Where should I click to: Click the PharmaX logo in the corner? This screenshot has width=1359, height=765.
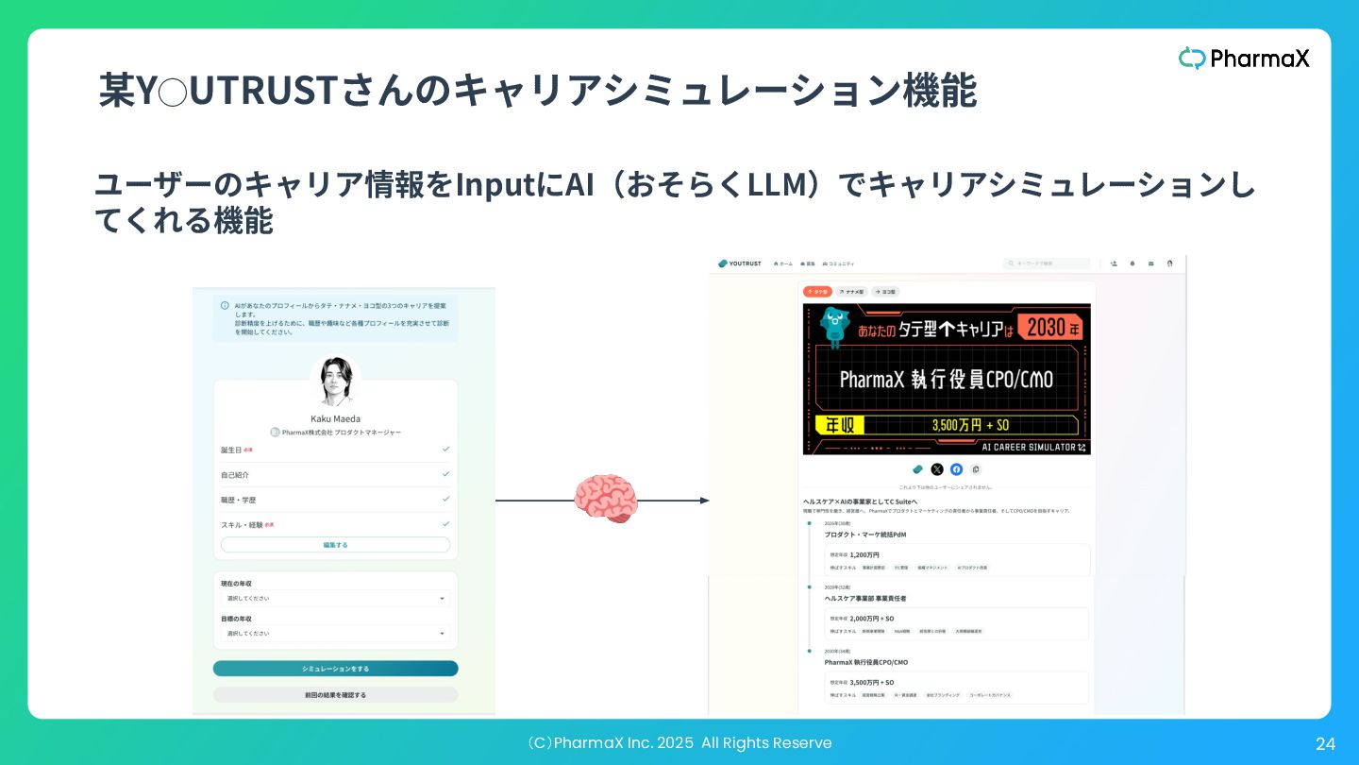pos(1244,59)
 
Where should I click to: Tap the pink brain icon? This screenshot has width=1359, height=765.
pos(606,499)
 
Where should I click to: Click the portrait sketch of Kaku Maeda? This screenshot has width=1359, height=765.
pos(335,382)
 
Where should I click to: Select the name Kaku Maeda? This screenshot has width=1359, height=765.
pos(335,418)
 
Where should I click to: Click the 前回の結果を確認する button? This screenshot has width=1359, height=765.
pos(335,695)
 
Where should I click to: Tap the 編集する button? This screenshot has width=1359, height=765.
pos(335,545)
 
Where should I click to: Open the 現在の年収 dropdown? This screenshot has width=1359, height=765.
pos(335,599)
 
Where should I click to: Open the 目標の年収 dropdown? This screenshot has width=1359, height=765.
pos(335,634)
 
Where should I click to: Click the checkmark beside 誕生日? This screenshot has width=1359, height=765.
pos(445,450)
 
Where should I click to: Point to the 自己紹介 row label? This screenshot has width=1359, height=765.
pos(235,475)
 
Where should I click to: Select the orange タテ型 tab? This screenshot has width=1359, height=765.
pos(816,292)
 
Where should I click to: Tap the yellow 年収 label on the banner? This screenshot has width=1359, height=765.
pos(833,425)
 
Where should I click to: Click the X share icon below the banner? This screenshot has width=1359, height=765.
pos(937,469)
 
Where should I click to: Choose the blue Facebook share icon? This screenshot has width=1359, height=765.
pos(956,469)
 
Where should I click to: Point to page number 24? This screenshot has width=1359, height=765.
pos(1325,744)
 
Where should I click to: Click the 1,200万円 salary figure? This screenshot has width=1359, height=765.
pos(864,555)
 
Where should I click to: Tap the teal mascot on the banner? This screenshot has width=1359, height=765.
pos(834,326)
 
